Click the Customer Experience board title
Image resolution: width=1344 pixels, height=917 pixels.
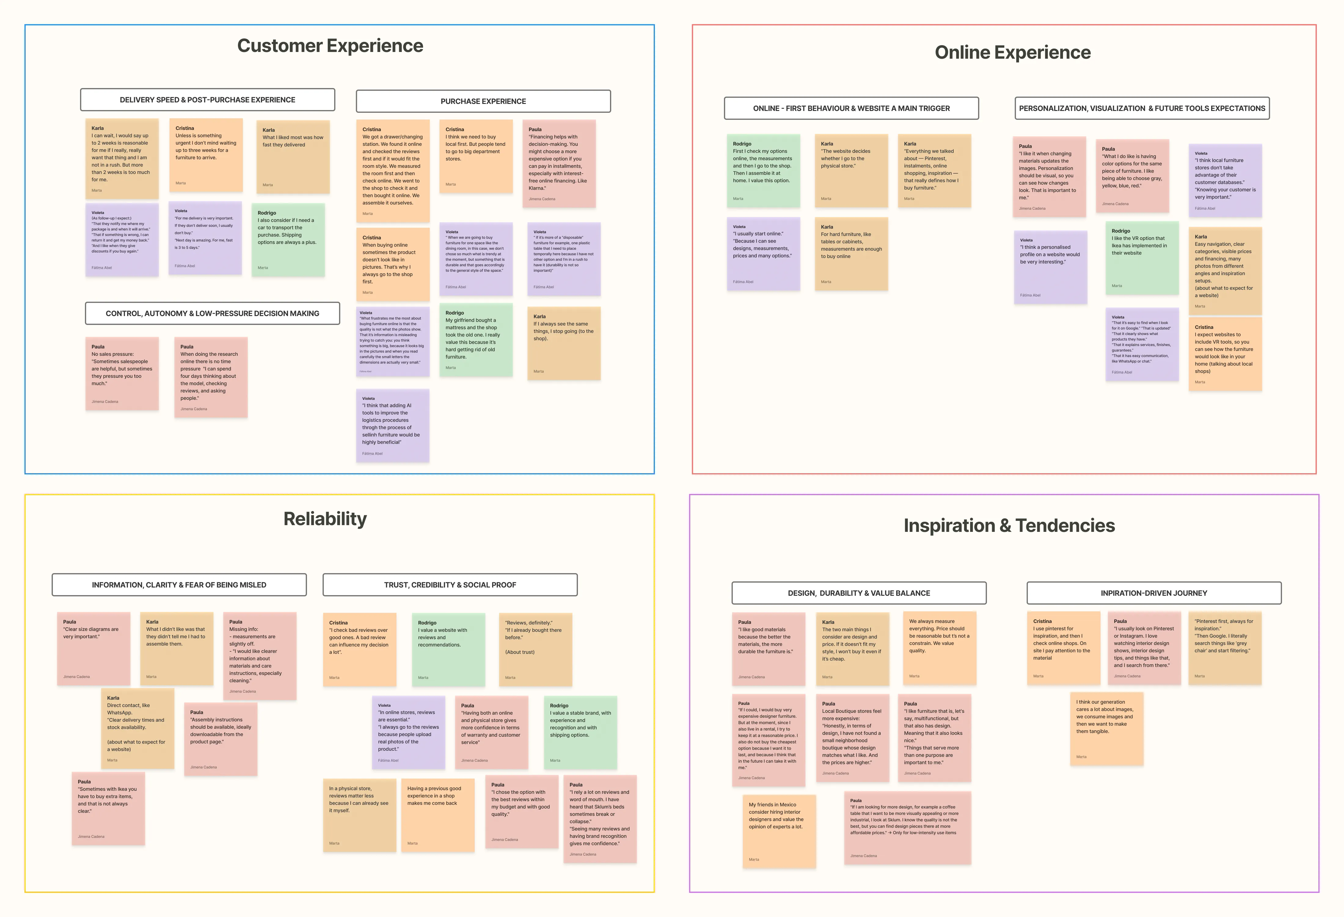[x=330, y=46]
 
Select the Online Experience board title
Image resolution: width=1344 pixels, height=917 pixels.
[x=1013, y=53]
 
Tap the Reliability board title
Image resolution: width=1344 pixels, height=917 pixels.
[x=325, y=519]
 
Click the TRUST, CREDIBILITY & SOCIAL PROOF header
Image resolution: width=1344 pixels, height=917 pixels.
[x=450, y=585]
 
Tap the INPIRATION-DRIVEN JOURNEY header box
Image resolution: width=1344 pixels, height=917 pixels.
[x=1154, y=593]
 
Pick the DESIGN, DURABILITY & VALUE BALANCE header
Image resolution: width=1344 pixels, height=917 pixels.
[x=859, y=593]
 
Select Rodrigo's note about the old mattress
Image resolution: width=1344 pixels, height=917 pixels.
[x=475, y=340]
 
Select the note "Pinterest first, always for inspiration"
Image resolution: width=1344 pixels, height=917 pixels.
[x=1224, y=648]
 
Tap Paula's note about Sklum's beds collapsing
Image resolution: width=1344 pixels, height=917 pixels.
[x=600, y=819]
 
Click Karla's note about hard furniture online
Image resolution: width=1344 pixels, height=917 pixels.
[x=851, y=253]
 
